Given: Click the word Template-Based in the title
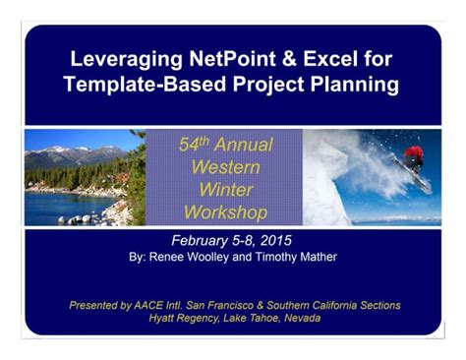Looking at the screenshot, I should [x=137, y=85].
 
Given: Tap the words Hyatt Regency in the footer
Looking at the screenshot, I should [x=184, y=318].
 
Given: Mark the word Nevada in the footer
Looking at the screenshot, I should [x=299, y=318].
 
